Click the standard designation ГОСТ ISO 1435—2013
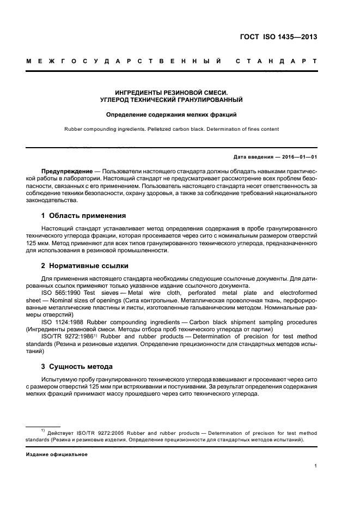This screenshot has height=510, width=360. [x=278, y=38]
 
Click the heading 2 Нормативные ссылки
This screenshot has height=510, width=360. [x=85, y=265]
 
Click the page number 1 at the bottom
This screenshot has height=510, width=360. [x=315, y=465]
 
